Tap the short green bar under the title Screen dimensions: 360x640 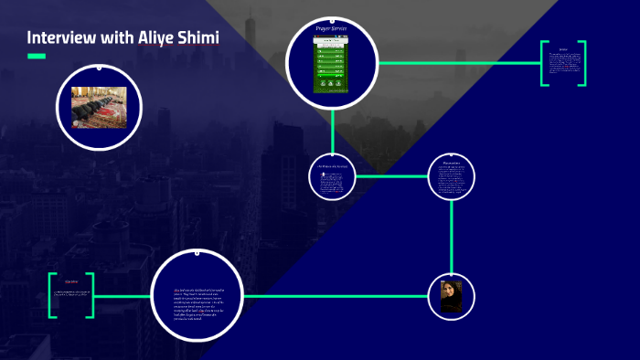pyautogui.click(x=36, y=57)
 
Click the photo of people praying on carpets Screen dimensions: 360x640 pyautogui.click(x=99, y=107)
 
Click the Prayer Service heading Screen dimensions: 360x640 pyautogui.click(x=331, y=29)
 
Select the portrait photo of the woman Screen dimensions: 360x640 pyautogui.click(x=451, y=296)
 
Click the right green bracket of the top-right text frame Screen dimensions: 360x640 pyautogui.click(x=581, y=63)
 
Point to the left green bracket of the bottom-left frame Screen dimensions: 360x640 pyautogui.click(x=52, y=295)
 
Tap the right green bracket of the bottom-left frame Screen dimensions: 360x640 pyautogui.click(x=91, y=295)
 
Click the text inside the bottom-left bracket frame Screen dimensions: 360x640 pyautogui.click(x=71, y=294)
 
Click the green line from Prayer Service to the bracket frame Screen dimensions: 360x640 pyautogui.click(x=457, y=63)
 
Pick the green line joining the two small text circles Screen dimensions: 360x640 pyautogui.click(x=393, y=175)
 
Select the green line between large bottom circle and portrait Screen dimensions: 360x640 pyautogui.click(x=338, y=296)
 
